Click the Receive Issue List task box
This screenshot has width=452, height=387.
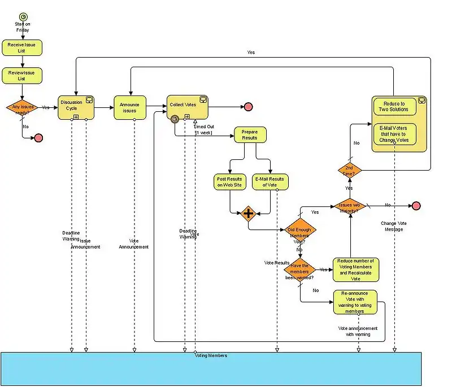point(21,47)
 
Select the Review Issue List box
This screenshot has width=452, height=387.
point(21,75)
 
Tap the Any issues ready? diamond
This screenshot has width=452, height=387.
point(21,108)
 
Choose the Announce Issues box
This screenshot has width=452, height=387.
point(130,107)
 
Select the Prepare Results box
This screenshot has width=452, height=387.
point(250,135)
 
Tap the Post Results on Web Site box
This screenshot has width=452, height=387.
point(230,182)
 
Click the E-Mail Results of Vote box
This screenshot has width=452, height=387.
point(270,182)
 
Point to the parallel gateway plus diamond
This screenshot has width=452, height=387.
point(249,214)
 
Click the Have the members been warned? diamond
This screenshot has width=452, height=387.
point(300,269)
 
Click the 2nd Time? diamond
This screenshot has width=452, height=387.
point(349,170)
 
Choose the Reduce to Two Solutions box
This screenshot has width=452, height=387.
point(395,106)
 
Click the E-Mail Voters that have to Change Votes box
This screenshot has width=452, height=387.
point(395,134)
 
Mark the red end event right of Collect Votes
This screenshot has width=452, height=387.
point(247,107)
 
